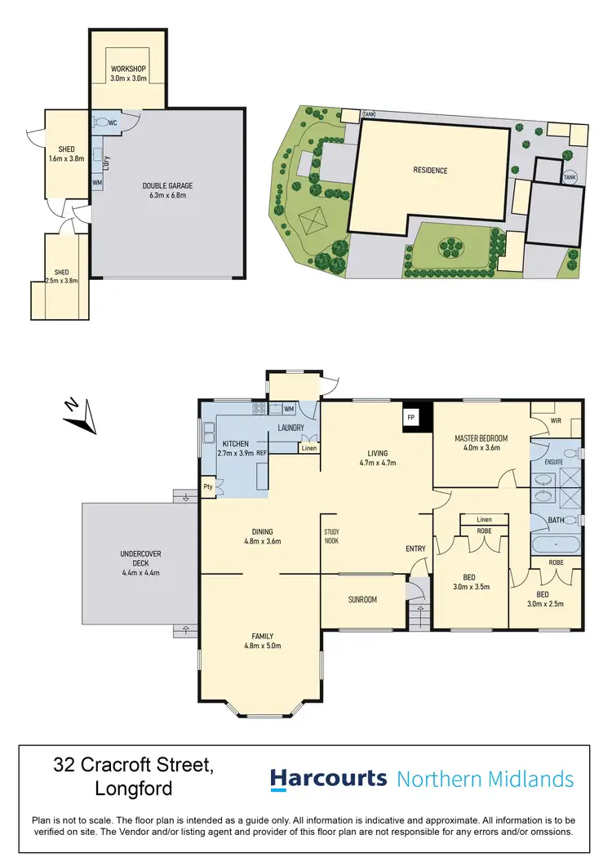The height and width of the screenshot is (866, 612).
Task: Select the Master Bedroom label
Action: [481, 439]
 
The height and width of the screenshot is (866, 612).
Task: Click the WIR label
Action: [557, 420]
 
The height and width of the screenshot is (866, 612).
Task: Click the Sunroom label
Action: [362, 600]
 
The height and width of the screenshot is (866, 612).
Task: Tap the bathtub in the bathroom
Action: [556, 544]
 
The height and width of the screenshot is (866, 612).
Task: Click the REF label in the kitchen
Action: [262, 453]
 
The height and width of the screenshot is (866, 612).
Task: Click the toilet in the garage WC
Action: [101, 122]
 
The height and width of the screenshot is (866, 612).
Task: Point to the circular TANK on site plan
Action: [570, 175]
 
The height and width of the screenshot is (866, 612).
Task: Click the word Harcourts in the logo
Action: [329, 779]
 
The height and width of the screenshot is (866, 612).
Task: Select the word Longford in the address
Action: [133, 789]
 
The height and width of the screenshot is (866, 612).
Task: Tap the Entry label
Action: [416, 548]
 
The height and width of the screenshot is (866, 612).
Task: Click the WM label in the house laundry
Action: [288, 408]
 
